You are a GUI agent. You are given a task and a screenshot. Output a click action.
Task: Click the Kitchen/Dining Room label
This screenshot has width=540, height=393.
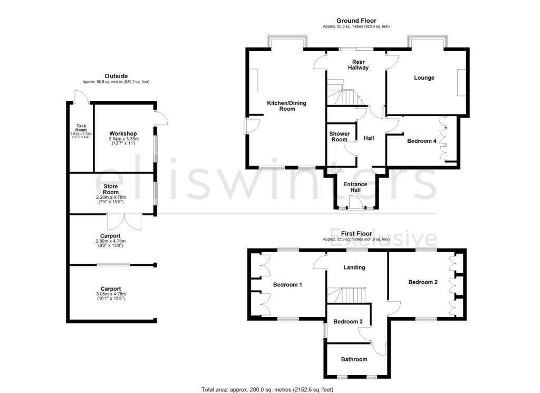tap(287, 106)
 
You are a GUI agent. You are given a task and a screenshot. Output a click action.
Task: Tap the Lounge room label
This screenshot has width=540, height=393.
tap(424, 78)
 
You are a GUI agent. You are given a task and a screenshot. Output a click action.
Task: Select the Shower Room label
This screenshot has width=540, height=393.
tap(339, 137)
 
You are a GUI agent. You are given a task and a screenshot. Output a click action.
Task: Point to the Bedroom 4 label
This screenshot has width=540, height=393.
tap(421, 141)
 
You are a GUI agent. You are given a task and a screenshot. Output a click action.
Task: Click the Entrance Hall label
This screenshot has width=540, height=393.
tap(355, 187)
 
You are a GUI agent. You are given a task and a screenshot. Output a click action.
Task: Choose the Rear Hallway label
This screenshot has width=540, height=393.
tap(356, 65)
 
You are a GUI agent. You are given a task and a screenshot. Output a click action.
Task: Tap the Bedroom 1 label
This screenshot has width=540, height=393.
tap(287, 285)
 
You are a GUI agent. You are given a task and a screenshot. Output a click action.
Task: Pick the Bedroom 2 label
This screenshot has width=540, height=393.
tap(423, 282)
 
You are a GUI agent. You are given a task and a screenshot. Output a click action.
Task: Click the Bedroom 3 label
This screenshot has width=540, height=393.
tap(348, 322)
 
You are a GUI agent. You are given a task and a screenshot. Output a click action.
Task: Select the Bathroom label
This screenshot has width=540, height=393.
tap(354, 359)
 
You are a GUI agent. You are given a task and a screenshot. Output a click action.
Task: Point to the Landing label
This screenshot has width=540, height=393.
tap(354, 267)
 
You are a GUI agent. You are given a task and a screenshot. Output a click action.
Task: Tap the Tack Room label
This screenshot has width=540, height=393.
tap(81, 128)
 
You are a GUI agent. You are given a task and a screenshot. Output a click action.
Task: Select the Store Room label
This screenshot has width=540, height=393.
tap(111, 189)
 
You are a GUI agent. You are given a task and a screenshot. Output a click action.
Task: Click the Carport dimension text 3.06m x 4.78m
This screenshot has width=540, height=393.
tap(111, 294)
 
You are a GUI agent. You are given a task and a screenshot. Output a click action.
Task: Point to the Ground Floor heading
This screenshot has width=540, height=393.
tap(356, 21)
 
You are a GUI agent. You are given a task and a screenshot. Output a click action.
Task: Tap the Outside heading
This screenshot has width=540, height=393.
tap(116, 76)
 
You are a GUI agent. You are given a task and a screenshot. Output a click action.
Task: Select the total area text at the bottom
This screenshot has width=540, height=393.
tap(267, 389)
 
